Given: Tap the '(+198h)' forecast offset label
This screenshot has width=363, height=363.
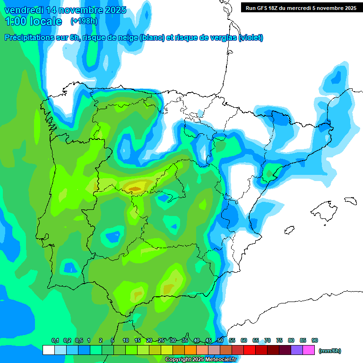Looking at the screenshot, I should pos(84,21).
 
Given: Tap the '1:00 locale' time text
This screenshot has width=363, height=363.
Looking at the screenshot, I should pos(33,21).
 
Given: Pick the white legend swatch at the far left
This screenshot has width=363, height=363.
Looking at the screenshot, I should pos(48,350).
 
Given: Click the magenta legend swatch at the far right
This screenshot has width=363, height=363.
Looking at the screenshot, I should pos(309,350).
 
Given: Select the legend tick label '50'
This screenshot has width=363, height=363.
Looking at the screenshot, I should pos(220,340).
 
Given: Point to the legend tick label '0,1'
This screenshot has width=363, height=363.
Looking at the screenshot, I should pos(55,340).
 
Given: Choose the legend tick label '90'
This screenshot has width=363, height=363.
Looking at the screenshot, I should pos(315,340).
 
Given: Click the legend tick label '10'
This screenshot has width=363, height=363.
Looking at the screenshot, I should pos(126,340).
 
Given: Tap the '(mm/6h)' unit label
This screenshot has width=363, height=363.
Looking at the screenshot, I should pos(330,351).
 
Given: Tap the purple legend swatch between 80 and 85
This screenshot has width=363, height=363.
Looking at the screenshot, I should pos(297,350).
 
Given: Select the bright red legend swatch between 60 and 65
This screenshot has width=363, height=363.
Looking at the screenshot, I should pos(250,350).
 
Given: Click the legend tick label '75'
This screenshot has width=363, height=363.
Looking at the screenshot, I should pos(279,340).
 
